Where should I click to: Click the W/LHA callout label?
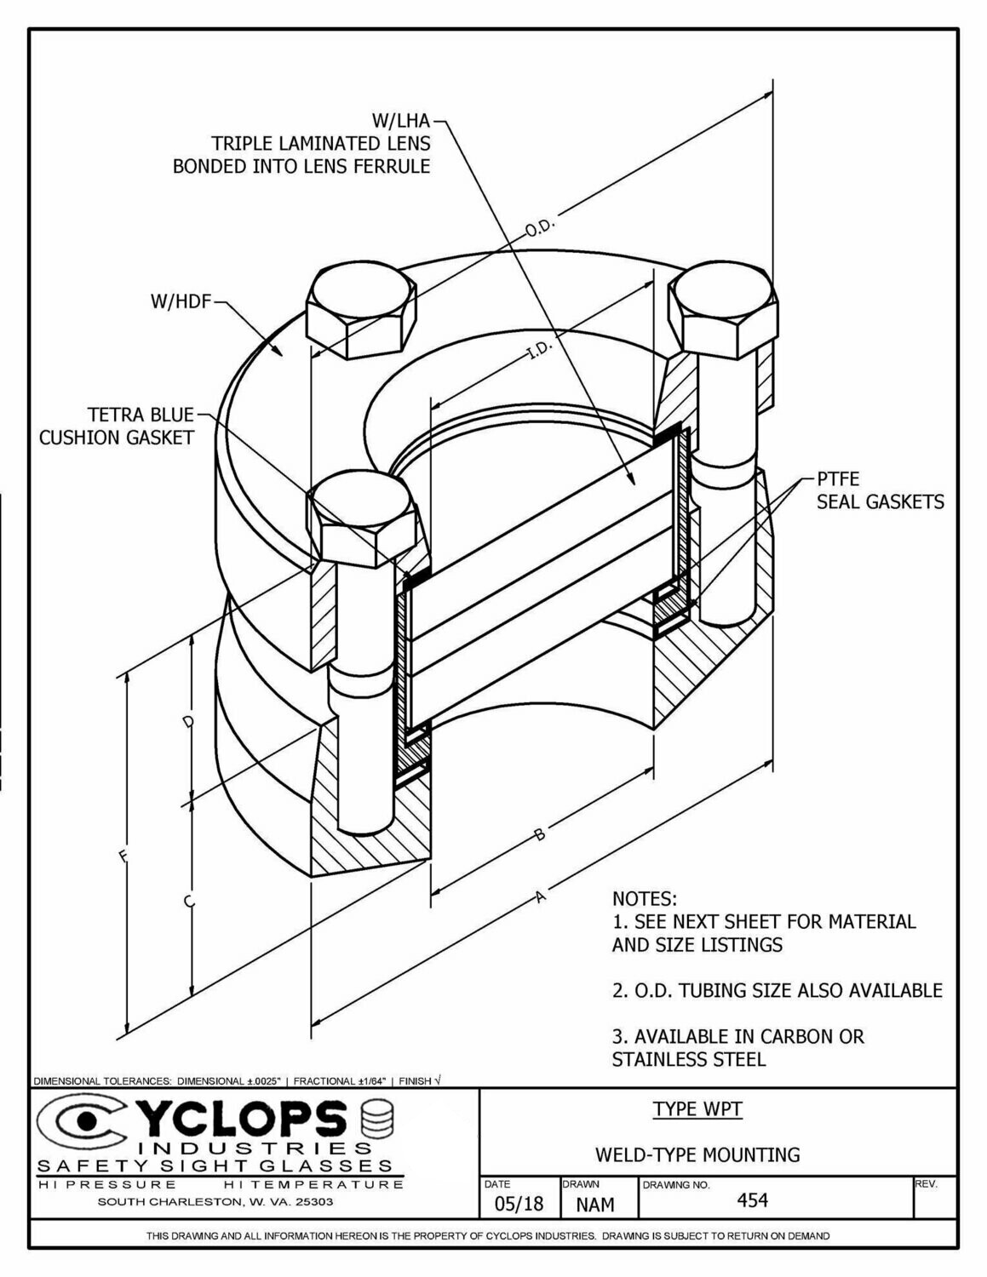tap(400, 121)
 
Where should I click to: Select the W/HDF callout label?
tap(180, 301)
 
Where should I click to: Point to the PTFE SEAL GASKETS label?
tap(880, 490)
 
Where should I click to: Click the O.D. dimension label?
tap(540, 229)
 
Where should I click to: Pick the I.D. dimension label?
tap(541, 348)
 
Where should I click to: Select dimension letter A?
tap(539, 896)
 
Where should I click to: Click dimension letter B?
tap(539, 835)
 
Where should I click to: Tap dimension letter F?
tap(124, 856)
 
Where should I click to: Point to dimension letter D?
tap(189, 723)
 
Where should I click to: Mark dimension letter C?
tap(189, 901)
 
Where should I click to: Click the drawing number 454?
tap(752, 1200)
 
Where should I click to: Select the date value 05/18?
tap(518, 1204)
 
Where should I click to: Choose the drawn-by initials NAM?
tap(594, 1205)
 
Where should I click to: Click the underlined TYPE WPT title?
tap(697, 1109)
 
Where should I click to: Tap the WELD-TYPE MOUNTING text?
tap(697, 1155)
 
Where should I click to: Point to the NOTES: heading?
tap(644, 899)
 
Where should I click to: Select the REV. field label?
tap(926, 1184)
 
